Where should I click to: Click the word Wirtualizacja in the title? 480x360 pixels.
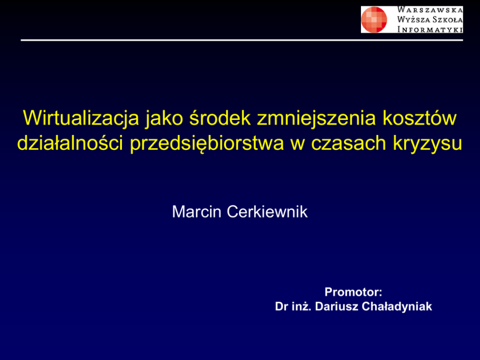pos(81,119)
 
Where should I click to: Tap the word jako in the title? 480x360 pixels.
pos(165,119)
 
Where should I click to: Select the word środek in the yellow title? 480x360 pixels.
pos(220,118)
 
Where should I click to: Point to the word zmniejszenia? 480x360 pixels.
pos(316,119)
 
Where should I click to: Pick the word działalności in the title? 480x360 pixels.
pos(71,143)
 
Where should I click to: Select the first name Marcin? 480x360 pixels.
pos(196,211)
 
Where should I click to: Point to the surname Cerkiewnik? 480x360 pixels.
pos(267,211)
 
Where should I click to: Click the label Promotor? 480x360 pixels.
pos(353,292)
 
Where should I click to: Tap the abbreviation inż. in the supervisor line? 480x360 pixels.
pos(301,306)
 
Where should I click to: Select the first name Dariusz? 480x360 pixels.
pos(336,306)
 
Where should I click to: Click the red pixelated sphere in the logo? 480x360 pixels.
pos(374,19)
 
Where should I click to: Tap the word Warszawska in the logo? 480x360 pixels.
pos(430,10)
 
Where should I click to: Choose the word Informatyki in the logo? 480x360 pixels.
pos(430,30)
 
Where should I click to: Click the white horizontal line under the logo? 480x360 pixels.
pos(242,40)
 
